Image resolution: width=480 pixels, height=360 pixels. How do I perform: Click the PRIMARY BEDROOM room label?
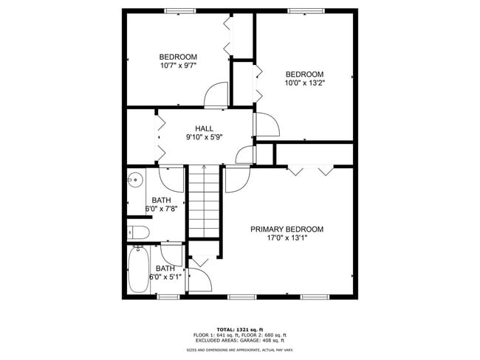(x=287, y=229)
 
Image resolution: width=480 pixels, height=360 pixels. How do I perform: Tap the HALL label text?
(x=204, y=128)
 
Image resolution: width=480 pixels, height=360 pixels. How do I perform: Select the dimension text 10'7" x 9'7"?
(x=178, y=66)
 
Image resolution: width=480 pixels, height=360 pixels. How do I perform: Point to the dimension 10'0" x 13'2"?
(x=305, y=83)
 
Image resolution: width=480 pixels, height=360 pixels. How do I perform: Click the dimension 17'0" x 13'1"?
(x=287, y=238)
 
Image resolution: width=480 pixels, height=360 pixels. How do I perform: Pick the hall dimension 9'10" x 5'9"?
(x=204, y=136)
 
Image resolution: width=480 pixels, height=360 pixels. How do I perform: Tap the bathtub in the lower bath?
(x=138, y=270)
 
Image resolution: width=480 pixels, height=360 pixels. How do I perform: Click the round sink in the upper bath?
(x=134, y=179)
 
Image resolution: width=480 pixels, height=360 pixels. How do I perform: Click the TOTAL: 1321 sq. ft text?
(x=241, y=328)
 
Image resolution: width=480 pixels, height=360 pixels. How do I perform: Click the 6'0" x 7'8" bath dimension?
(x=161, y=209)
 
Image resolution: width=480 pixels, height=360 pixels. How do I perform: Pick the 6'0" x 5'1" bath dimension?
(x=165, y=277)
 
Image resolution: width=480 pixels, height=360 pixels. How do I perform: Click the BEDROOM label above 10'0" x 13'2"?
(x=305, y=75)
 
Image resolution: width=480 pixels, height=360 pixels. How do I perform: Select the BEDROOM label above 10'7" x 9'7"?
(x=178, y=57)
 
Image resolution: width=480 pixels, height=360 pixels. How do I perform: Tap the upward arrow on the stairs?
(x=204, y=170)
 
